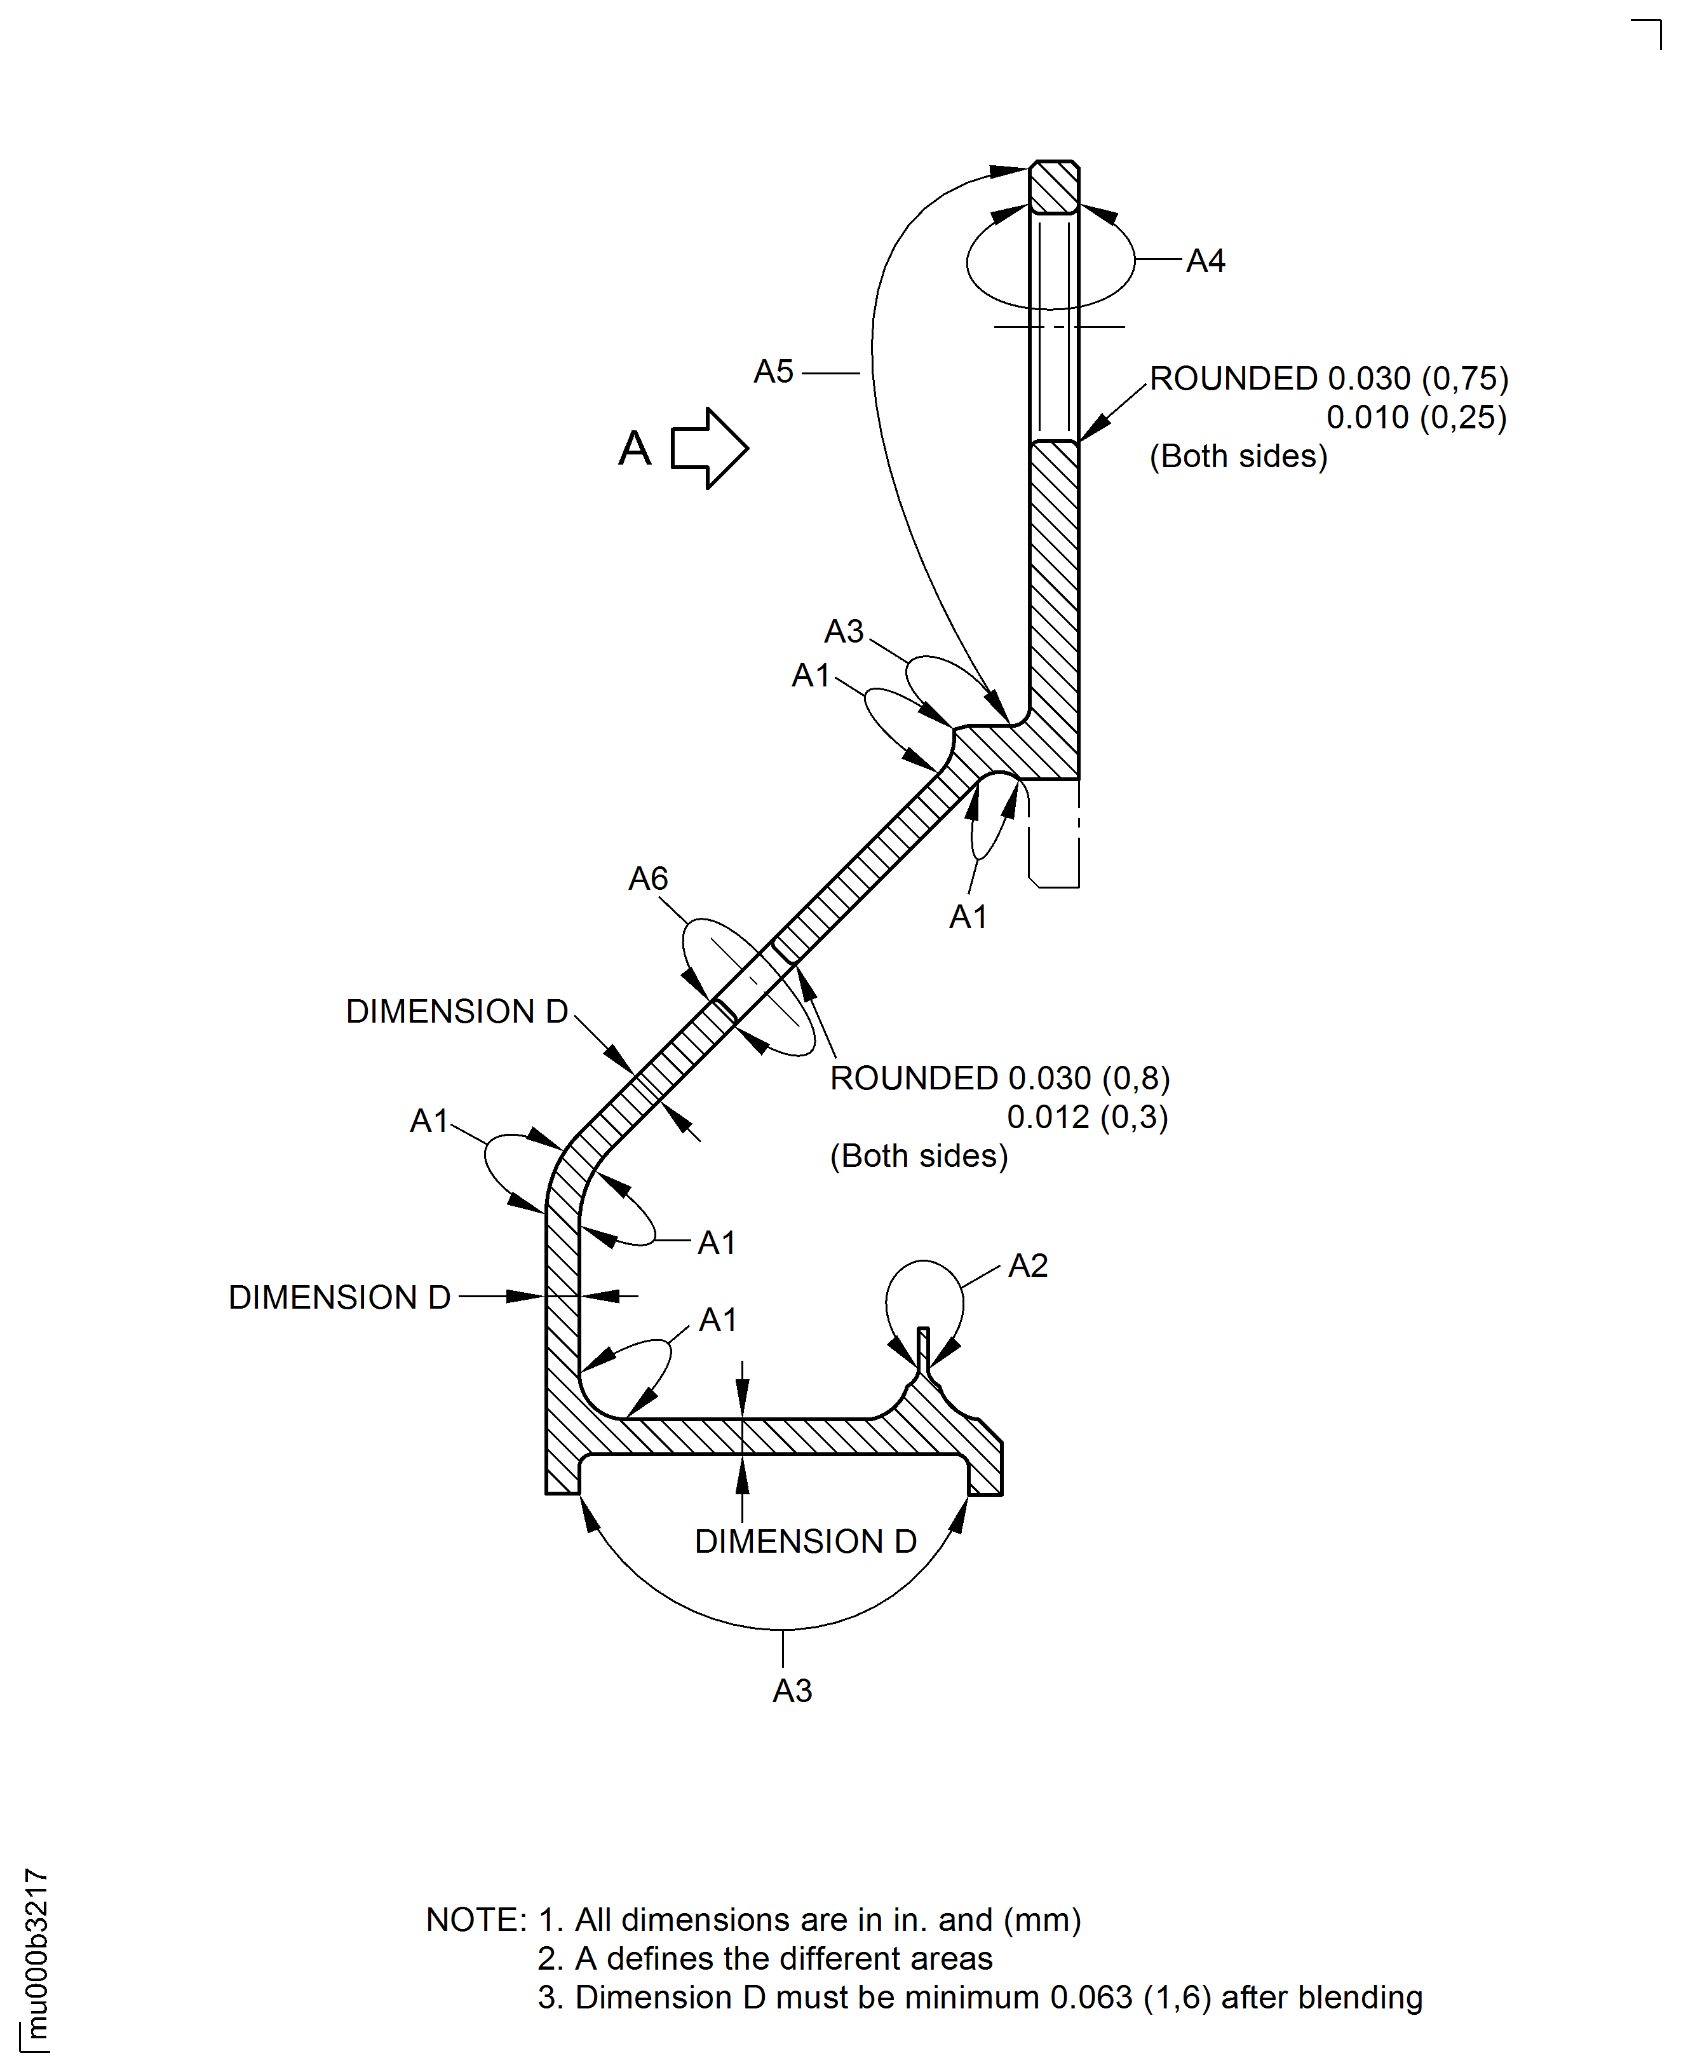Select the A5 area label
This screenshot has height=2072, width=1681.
774,371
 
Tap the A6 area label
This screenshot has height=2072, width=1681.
648,878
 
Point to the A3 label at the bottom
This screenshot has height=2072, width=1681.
792,1691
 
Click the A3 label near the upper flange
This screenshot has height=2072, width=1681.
844,632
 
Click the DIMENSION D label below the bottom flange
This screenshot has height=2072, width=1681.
806,1541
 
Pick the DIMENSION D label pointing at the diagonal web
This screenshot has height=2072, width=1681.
457,1011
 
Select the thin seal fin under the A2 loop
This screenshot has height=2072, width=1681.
923,1346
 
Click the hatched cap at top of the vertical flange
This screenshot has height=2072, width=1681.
1053,187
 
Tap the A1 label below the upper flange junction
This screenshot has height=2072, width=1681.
968,917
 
